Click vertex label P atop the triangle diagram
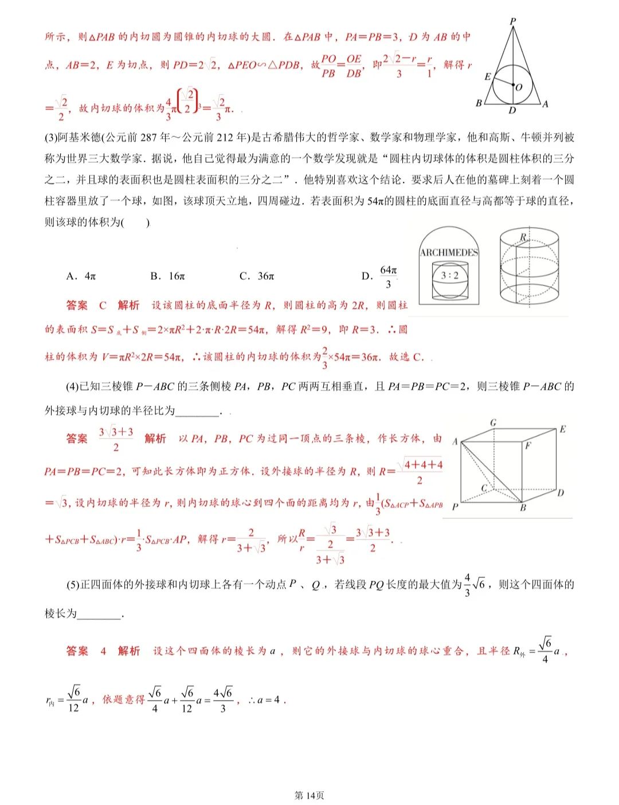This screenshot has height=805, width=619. [512, 21]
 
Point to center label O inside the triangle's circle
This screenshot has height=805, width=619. [519, 87]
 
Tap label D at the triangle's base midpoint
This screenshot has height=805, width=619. [512, 110]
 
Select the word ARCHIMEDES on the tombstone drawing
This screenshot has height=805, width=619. [449, 252]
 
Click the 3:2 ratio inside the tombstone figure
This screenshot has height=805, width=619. [449, 275]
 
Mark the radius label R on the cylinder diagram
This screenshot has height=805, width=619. [523, 237]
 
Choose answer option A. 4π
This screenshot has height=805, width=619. [81, 276]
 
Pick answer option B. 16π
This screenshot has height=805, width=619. [167, 276]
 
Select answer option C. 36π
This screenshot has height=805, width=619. [257, 276]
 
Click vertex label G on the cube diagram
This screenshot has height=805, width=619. [493, 423]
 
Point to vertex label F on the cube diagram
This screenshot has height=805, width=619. [528, 445]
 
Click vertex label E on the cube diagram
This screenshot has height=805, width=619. [562, 429]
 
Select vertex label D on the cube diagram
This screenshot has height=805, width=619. [561, 492]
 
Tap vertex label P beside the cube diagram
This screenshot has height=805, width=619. [455, 507]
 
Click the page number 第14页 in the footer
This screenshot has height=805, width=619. [309, 795]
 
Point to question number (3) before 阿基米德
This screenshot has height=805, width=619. [51, 138]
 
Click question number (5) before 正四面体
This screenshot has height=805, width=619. [73, 585]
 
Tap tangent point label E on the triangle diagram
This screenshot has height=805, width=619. [488, 76]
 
